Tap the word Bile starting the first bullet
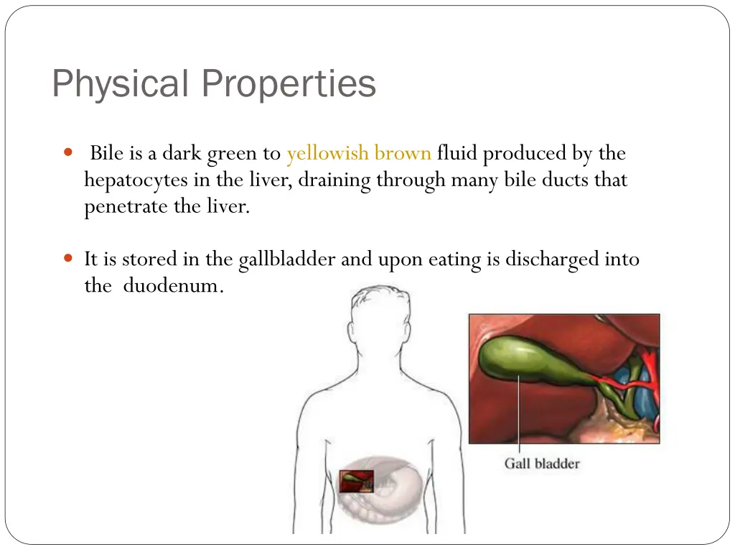(x=106, y=153)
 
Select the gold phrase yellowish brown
(x=359, y=153)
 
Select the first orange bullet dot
(x=68, y=152)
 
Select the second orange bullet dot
(x=68, y=258)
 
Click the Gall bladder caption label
(x=541, y=464)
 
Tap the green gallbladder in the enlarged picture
(x=531, y=363)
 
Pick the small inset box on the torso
(x=357, y=481)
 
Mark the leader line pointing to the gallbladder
(x=519, y=417)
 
